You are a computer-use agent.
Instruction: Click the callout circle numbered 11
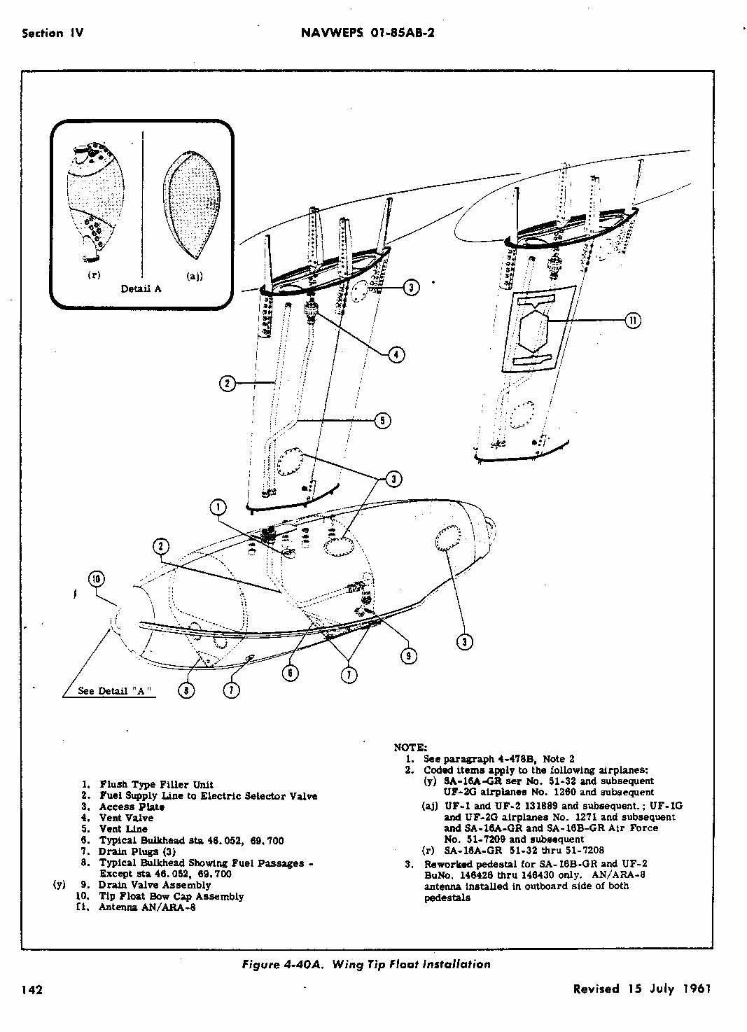tap(632, 321)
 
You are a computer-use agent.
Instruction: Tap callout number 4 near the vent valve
tap(396, 354)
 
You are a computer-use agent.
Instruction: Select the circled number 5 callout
tap(382, 420)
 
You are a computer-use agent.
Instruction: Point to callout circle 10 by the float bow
tap(97, 578)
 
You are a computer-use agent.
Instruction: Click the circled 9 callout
tap(408, 655)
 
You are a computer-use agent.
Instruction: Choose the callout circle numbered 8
tap(186, 690)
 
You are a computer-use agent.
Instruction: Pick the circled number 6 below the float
tap(290, 673)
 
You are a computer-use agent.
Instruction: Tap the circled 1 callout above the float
tap(218, 508)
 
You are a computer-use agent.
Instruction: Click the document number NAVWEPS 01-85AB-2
tap(367, 33)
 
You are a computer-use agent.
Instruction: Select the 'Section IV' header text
tap(53, 33)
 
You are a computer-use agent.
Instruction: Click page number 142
tap(32, 989)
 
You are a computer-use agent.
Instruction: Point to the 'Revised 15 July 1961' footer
tap(641, 989)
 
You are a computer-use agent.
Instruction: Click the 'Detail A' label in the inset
tap(141, 288)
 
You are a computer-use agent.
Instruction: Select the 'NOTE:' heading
tap(410, 747)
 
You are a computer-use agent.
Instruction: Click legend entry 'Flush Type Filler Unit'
tap(156, 784)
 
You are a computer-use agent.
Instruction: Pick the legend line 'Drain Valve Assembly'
tap(154, 885)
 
